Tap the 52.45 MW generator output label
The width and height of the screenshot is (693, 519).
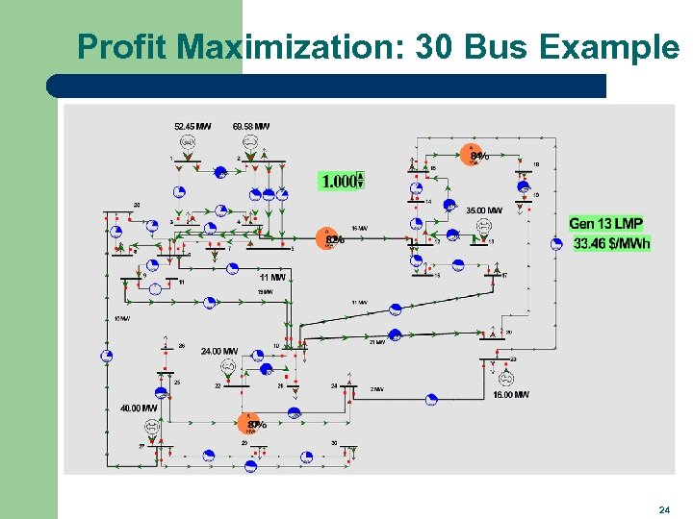(x=192, y=126)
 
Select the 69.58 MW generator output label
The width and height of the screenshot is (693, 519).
(x=251, y=126)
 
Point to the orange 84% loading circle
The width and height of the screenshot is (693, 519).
(x=475, y=155)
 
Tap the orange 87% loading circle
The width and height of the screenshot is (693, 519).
(x=253, y=423)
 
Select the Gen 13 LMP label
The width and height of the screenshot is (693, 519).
(x=605, y=224)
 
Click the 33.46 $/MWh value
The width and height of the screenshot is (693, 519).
(x=611, y=244)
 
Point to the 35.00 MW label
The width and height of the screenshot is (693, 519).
(x=484, y=210)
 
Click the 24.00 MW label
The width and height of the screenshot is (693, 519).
(x=219, y=352)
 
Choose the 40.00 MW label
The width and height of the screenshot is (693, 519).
(x=139, y=408)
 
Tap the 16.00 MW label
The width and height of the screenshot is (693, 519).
(x=510, y=394)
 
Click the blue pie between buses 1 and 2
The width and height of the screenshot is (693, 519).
(x=220, y=173)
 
